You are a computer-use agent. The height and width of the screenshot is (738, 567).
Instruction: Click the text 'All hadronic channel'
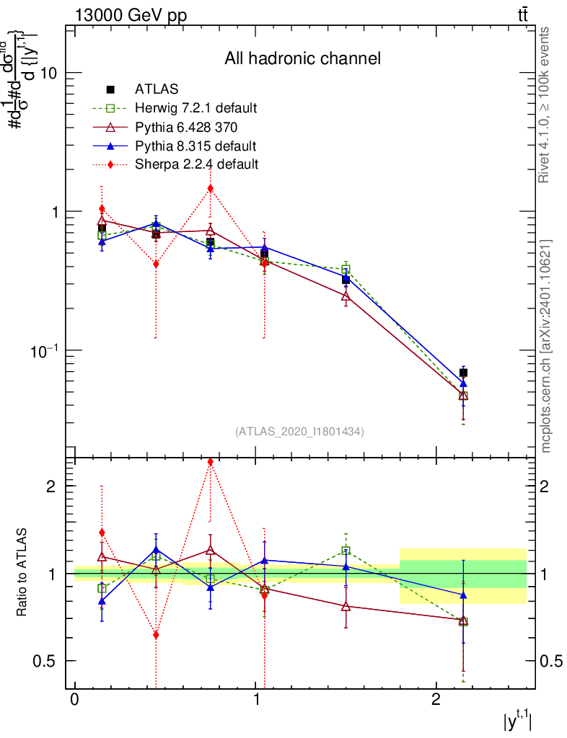coord(302,58)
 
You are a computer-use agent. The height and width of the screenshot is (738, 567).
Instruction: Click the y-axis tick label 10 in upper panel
coord(52,74)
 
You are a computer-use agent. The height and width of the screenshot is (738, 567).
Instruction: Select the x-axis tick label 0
coord(75,701)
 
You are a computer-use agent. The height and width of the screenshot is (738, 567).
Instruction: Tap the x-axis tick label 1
coord(256,701)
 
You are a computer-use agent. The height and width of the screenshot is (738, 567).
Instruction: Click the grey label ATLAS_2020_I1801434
coord(299,431)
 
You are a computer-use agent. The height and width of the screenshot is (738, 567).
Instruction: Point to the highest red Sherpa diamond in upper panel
coord(210,189)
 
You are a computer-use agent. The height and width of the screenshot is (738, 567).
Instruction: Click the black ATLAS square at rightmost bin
coord(463,373)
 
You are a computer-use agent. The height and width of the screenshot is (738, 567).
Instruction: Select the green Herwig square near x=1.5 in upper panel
coord(346,270)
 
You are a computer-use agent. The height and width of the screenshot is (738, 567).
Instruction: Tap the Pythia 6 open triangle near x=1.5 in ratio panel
coord(346,606)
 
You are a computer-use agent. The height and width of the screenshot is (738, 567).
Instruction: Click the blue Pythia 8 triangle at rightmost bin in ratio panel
coord(463,595)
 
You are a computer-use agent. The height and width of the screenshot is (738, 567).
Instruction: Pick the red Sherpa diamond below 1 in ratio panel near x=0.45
coord(156,635)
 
